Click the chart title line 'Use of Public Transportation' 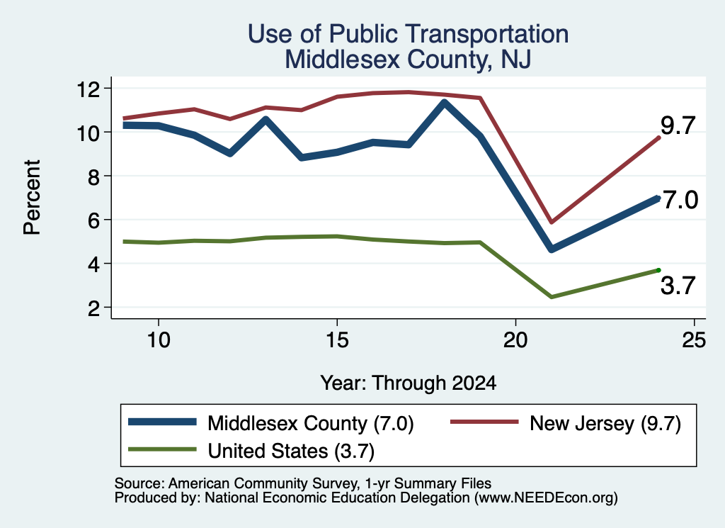[408, 34]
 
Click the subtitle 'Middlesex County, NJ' [408, 60]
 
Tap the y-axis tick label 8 [94, 176]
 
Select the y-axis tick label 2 [94, 308]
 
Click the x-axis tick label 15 [337, 340]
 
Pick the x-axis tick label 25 [694, 340]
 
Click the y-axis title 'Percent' [32, 198]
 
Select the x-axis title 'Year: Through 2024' [409, 383]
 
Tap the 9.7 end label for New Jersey [678, 125]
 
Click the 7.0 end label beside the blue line [680, 200]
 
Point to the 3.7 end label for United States [678, 286]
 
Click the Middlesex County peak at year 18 [445, 102]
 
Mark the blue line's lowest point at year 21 [551, 249]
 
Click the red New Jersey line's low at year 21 [551, 223]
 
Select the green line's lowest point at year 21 [551, 297]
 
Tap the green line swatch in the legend [162, 449]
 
